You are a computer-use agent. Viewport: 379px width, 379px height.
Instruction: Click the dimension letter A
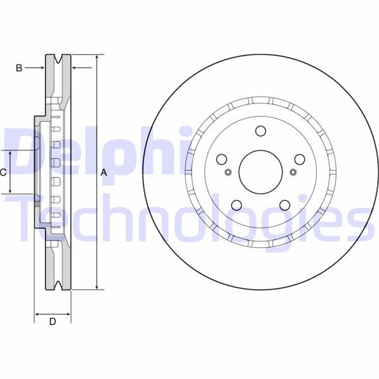[x=104, y=172]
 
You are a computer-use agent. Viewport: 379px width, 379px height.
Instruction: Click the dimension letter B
[x=19, y=68]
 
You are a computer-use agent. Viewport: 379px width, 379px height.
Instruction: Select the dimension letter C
[x=3, y=172]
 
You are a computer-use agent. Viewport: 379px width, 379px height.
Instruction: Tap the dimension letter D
[x=53, y=322]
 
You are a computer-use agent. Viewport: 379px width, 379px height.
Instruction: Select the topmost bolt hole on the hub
[x=260, y=131]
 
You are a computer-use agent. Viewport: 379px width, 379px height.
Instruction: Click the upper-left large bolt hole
[x=222, y=160]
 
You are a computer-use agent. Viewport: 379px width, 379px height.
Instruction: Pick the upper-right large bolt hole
[x=299, y=160]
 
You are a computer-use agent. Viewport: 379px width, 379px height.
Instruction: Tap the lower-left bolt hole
[x=236, y=205]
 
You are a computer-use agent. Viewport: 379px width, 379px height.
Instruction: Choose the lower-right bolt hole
[x=284, y=205]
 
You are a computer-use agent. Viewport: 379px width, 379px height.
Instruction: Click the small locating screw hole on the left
[x=228, y=172]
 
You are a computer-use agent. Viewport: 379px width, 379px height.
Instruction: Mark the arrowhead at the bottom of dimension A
[x=96, y=287]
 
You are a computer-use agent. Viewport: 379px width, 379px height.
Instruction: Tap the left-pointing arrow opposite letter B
[x=75, y=68]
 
